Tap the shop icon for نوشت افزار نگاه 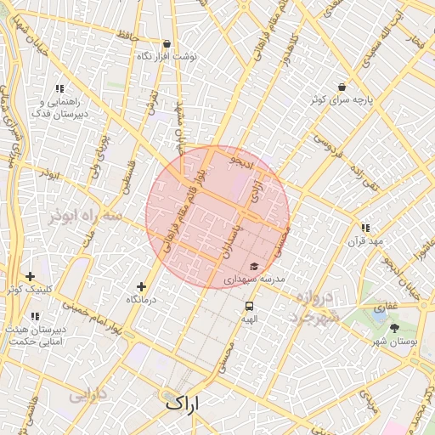click(167, 43)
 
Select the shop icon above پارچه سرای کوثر click(342, 87)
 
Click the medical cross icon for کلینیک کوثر click(31, 276)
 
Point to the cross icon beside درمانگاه click(141, 287)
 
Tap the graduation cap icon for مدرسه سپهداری click(253, 267)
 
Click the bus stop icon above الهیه click(249, 306)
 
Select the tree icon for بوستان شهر click(394, 328)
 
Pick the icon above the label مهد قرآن click(364, 228)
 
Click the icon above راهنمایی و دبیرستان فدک click(59, 88)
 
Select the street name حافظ click(127, 37)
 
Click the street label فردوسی click(326, 145)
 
